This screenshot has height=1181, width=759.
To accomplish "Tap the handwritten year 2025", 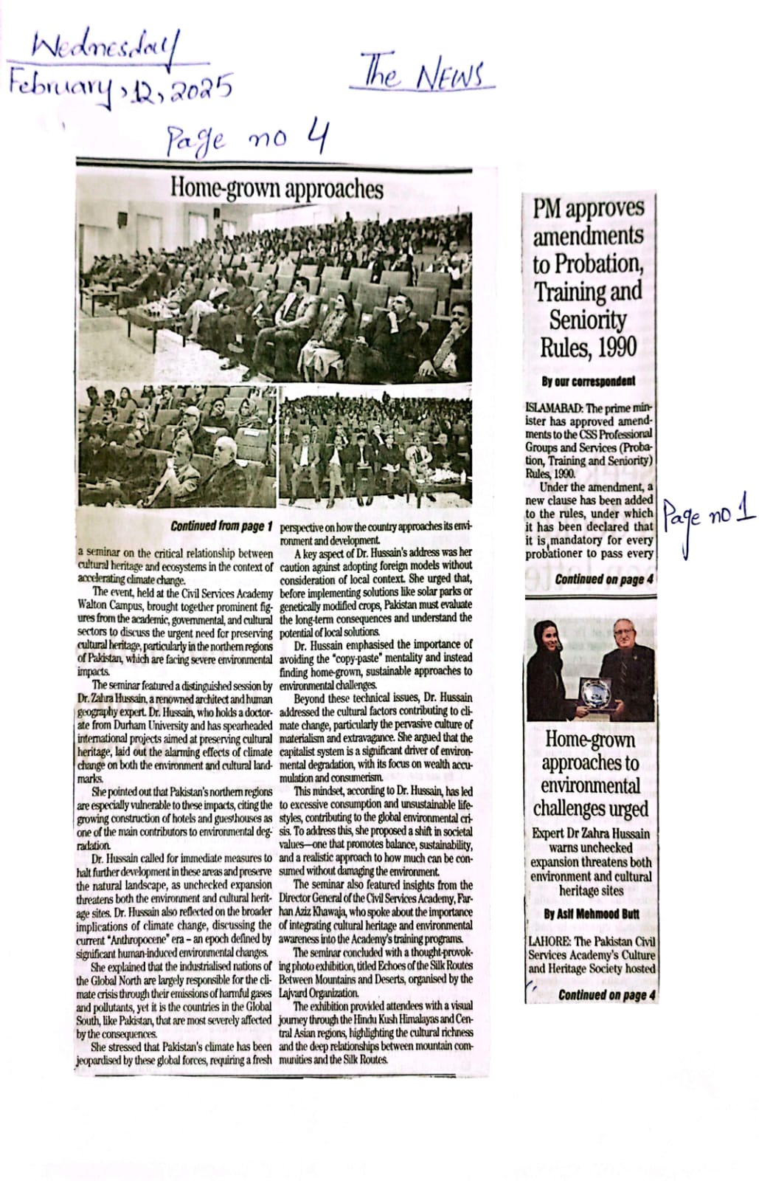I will coord(201,89).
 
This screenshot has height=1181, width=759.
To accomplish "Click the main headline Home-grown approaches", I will coord(277,188).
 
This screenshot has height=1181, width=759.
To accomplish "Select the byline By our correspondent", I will coord(588,382).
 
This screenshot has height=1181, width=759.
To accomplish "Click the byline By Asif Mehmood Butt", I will coord(590,914).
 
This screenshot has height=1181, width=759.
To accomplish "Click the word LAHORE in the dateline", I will coord(549,941).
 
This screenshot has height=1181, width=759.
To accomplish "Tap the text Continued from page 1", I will coord(221,526).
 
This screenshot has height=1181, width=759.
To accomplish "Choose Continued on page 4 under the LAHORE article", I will coord(606,995).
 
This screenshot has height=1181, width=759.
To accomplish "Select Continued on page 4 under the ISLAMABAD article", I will coord(604,579).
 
